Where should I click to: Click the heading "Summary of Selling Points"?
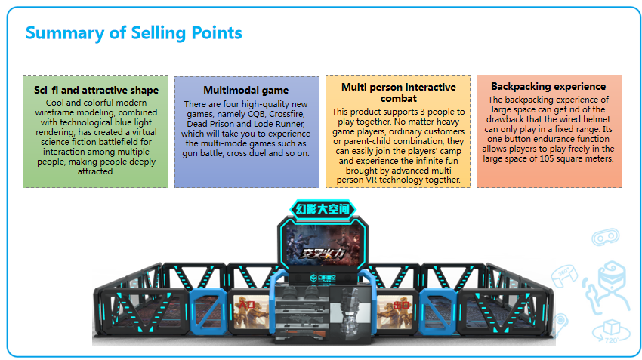(x=134, y=32)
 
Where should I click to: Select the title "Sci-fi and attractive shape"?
(x=96, y=90)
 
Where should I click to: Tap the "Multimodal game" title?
(x=246, y=90)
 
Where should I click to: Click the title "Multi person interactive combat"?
(x=398, y=92)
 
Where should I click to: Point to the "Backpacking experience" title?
(x=548, y=86)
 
